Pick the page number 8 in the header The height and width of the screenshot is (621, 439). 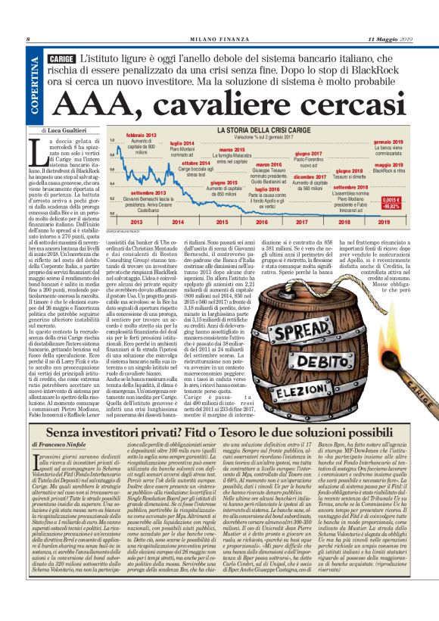point(27,39)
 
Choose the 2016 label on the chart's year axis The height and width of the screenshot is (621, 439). point(261,223)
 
